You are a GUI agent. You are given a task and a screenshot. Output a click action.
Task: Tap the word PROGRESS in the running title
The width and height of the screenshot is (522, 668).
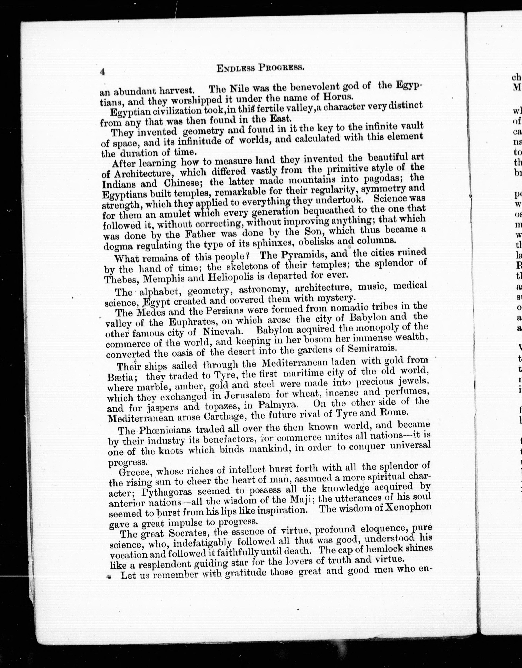[x=281, y=67]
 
